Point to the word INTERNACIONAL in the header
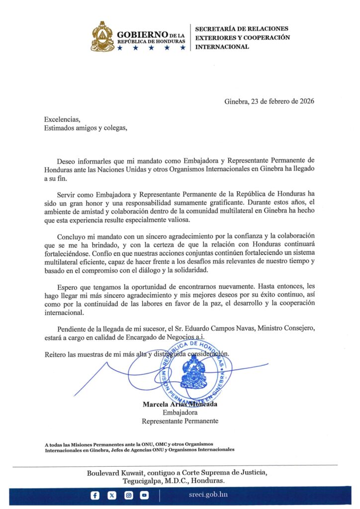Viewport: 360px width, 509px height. (x=222, y=47)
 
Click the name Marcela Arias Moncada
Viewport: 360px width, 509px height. (x=180, y=404)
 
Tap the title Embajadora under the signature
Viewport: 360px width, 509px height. (x=180, y=413)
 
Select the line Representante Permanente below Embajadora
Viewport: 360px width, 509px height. (x=180, y=421)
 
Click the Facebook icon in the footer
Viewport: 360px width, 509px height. (x=95, y=495)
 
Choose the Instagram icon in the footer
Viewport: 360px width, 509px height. (x=128, y=495)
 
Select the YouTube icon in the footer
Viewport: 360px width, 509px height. (x=144, y=495)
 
